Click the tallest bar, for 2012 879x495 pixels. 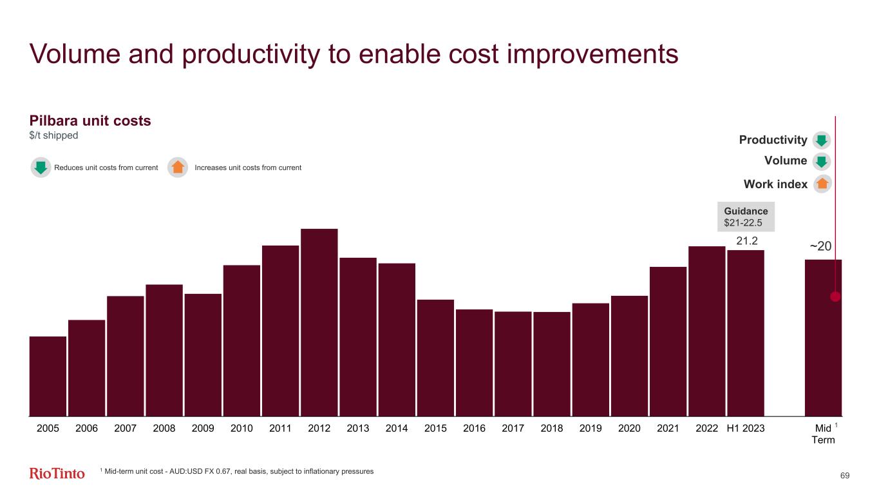[319, 322]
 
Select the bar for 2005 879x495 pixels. [48, 376]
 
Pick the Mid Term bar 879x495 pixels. [822, 338]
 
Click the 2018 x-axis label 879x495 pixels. [551, 428]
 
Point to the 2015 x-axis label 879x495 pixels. [435, 428]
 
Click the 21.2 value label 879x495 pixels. [747, 241]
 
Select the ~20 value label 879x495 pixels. [820, 247]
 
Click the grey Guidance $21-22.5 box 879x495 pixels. [746, 217]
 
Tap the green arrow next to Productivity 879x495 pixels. [822, 140]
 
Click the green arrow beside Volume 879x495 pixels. [822, 161]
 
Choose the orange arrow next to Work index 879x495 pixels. [822, 184]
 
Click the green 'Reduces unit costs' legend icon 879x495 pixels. [41, 168]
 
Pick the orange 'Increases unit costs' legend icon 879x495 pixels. [178, 168]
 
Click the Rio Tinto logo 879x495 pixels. [57, 474]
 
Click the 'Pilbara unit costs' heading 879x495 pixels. [90, 121]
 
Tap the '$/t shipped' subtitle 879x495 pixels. [54, 135]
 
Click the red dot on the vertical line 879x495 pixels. [835, 297]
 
